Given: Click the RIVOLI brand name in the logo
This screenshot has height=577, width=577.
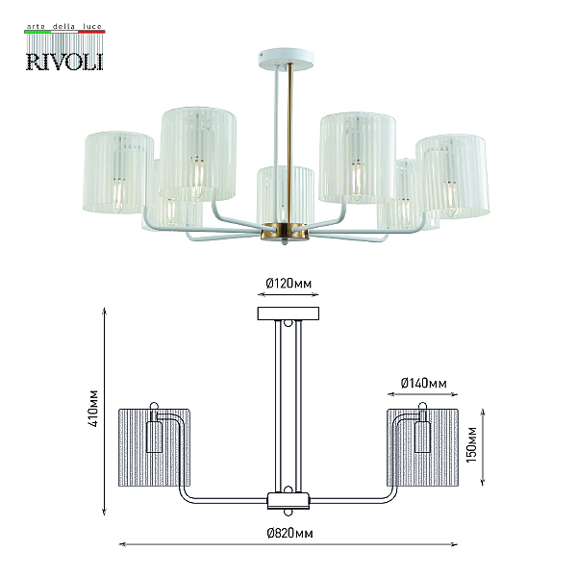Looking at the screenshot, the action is coord(64,62).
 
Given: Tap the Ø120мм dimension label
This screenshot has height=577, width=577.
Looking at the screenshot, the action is coord(288,284).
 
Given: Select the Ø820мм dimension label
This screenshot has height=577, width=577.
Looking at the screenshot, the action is coord(290,533).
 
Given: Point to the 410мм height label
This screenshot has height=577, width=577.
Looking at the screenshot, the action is coord(93,408).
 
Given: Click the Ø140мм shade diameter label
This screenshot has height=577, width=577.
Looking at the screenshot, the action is coord(423,384).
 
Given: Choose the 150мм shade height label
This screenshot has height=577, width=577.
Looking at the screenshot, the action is coord(471,444).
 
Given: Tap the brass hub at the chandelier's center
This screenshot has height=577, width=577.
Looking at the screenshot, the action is coord(285,231).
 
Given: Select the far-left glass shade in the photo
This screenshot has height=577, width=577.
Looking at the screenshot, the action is coord(118,172).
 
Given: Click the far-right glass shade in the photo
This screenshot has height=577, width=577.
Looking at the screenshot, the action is coord(453,176).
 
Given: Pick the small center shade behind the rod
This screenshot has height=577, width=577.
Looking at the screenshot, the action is coord(286,195).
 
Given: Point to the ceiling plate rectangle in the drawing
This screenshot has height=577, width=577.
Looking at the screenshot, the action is coord(288,314).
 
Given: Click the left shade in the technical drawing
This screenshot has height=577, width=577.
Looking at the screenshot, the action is coord(154,447).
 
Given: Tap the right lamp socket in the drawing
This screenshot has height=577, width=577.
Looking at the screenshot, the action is coord(422,437).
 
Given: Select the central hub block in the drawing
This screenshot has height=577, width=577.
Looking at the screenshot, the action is coord(288,500).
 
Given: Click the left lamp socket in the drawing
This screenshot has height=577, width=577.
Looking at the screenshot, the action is coord(154,437).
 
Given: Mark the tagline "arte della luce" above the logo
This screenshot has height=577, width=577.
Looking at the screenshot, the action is coord(64,27).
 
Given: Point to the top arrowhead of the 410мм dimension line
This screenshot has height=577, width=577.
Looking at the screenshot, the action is coord(105,310).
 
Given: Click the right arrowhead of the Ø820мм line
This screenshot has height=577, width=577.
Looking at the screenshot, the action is coord(455,544).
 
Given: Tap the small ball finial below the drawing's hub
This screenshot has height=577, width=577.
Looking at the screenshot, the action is coord(288,513).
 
